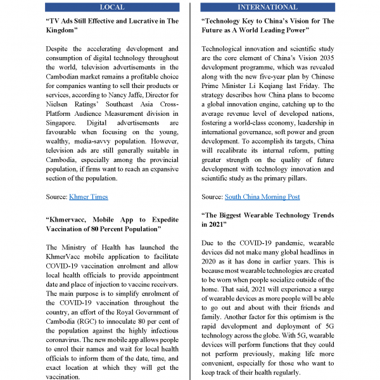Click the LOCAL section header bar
click(113, 7)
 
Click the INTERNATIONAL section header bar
click(267, 7)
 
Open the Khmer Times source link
click(88, 197)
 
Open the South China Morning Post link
click(262, 197)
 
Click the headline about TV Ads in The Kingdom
click(113, 26)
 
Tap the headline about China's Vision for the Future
click(267, 26)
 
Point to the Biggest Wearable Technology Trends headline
click(267, 220)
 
